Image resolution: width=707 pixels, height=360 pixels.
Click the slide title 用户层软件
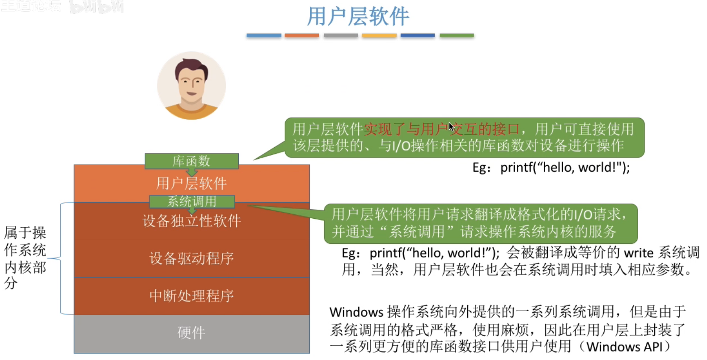[358, 17]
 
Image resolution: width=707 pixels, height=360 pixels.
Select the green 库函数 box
[191, 161]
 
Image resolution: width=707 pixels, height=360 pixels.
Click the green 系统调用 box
[192, 202]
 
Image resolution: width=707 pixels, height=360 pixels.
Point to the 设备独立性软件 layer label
[192, 221]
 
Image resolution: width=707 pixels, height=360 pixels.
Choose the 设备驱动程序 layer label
[192, 258]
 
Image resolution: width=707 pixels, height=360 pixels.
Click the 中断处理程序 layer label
[192, 296]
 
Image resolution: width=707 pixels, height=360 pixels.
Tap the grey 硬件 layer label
[191, 333]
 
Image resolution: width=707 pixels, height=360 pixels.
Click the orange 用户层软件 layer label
[191, 183]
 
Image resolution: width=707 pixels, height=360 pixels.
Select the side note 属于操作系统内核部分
[25, 258]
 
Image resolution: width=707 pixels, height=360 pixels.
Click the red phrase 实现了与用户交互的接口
[441, 129]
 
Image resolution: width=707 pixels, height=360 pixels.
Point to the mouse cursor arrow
[451, 126]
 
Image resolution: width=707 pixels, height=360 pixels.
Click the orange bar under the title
[302, 35]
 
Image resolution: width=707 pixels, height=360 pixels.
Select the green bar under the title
[457, 35]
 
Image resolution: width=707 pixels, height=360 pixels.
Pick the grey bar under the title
[341, 35]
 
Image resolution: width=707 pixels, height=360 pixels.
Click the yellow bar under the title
[379, 35]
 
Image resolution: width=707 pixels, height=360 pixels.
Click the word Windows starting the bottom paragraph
[356, 312]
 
